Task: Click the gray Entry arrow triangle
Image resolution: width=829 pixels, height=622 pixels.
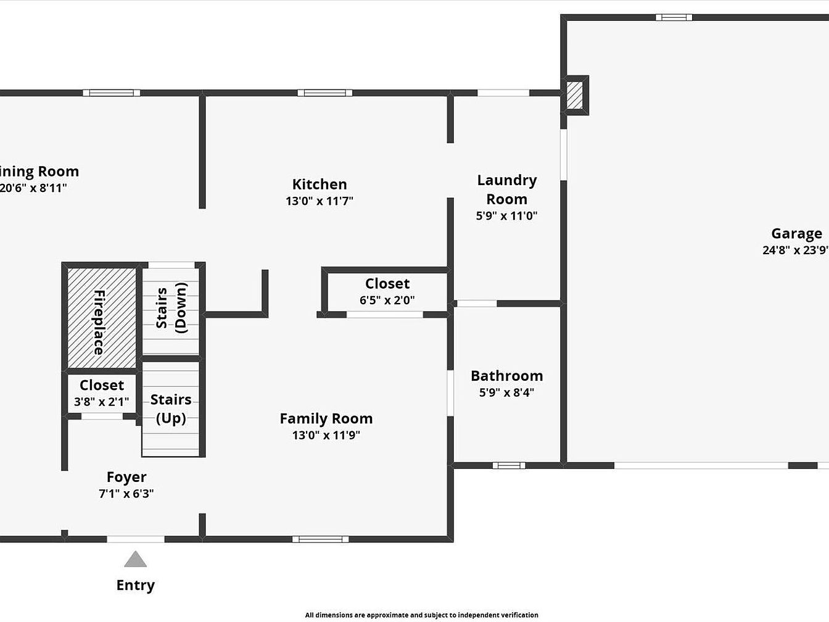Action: [x=135, y=559]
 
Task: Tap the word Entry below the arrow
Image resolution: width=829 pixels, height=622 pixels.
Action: [x=136, y=586]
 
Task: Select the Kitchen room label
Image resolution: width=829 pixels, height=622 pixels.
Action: [x=320, y=185]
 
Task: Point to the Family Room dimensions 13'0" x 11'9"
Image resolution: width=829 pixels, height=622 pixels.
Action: [x=326, y=435]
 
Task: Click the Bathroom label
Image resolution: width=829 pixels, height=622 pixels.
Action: [x=507, y=376]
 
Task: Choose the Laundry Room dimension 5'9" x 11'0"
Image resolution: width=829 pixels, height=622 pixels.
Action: [x=506, y=215]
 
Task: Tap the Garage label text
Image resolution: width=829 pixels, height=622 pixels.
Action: [x=796, y=234]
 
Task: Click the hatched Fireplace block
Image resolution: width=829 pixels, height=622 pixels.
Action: [x=102, y=318]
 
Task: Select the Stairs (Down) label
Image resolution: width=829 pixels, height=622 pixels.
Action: [x=171, y=308]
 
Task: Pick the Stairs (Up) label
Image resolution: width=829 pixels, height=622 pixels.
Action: [x=171, y=409]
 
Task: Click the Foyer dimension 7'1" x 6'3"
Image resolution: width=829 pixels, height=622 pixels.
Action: [x=126, y=494]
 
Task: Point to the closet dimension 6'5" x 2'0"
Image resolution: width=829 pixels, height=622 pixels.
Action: [x=387, y=301]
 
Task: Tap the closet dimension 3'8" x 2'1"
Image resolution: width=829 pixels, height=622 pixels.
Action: [x=102, y=402]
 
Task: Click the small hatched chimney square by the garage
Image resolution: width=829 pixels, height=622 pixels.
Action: [x=574, y=96]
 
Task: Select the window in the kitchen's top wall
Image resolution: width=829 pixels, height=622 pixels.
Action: [x=325, y=93]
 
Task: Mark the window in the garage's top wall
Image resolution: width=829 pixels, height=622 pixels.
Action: [x=674, y=17]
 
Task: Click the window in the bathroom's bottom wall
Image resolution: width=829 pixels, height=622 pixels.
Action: [x=509, y=466]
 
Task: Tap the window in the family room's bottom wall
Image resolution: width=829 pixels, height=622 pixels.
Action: [x=320, y=539]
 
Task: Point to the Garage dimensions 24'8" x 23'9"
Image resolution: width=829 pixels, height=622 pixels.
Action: [x=796, y=251]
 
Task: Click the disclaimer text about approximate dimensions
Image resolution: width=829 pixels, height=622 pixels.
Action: [x=421, y=615]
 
